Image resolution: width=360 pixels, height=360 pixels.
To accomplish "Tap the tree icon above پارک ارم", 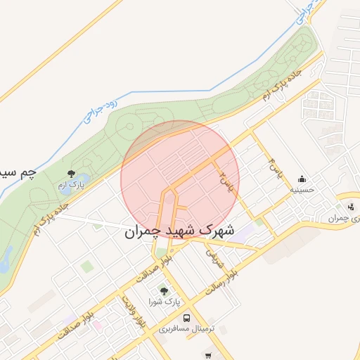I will pos(70,173).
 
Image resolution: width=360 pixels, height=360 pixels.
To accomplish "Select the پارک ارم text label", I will pos(70,185).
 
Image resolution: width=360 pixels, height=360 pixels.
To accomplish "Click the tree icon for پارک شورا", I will pos(164,290).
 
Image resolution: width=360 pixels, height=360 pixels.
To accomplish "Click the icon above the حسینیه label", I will pos(302,179).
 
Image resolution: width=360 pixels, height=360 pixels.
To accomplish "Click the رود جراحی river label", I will pos(98,110).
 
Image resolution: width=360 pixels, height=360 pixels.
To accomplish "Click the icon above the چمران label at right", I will pos(350,207).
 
